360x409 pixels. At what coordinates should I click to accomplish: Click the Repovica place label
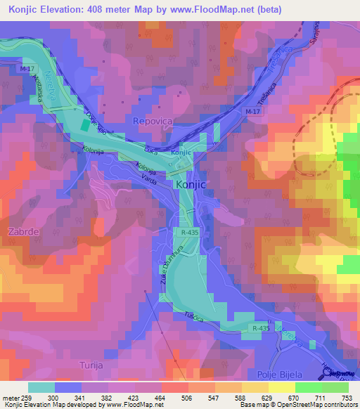pos(152,121)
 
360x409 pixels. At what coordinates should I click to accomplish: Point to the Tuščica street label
pos(194,318)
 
